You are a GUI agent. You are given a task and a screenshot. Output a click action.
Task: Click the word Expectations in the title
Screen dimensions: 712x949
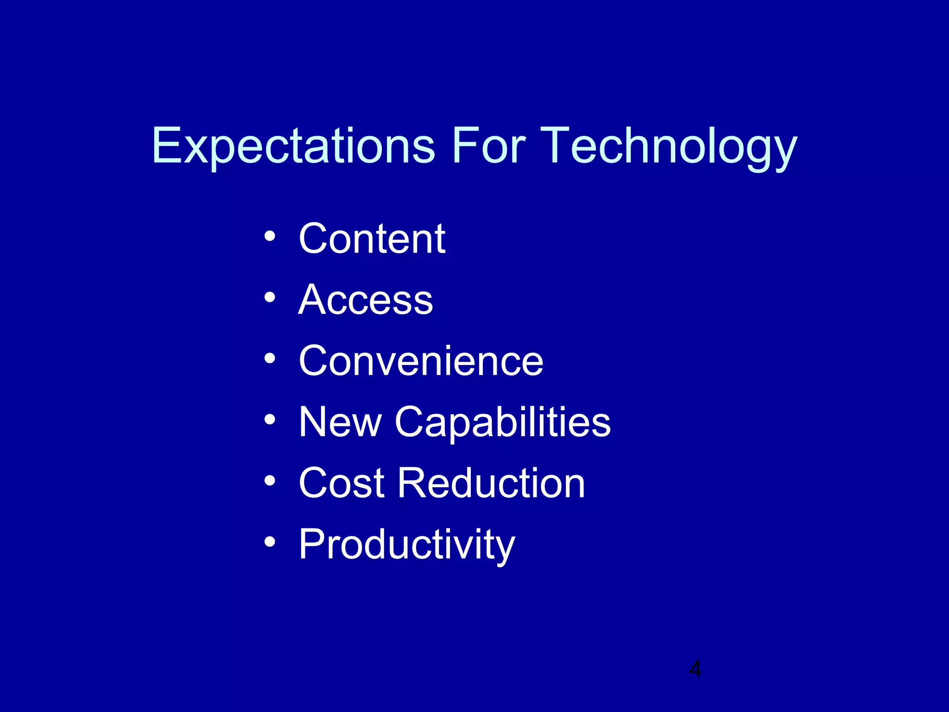coord(293,146)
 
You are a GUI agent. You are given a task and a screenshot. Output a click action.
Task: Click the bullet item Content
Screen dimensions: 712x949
coord(372,239)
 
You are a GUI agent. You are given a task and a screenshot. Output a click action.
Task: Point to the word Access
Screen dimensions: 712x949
coord(366,300)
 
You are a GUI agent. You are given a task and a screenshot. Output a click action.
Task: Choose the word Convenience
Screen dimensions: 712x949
coord(421,361)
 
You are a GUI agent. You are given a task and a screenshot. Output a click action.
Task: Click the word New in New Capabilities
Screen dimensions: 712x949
coord(340,422)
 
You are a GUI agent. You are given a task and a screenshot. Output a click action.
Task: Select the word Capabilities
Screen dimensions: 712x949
coord(503,422)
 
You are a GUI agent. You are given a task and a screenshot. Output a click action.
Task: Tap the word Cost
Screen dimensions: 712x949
coord(342,483)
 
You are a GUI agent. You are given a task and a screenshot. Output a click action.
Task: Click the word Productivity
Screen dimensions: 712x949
coord(406,545)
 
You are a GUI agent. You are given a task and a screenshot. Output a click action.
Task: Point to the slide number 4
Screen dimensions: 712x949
coord(695,669)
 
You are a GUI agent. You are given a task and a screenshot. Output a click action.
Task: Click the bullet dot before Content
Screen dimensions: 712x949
coord(270,237)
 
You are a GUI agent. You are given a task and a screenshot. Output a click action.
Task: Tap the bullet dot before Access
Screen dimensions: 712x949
coord(270,298)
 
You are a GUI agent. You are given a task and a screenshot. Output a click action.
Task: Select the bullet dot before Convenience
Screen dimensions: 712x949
coord(270,359)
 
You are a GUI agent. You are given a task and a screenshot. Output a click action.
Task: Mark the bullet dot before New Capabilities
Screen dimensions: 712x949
coord(270,420)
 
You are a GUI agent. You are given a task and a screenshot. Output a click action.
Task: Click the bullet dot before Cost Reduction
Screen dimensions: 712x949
coord(270,481)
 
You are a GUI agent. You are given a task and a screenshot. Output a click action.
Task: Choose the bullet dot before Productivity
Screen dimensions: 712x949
coord(270,542)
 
